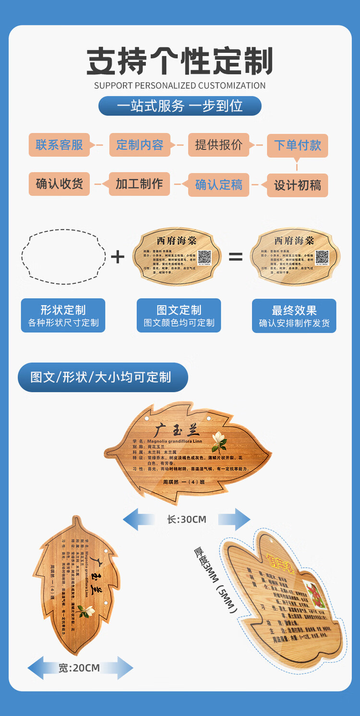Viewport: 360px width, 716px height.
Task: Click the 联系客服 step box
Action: pos(59,145)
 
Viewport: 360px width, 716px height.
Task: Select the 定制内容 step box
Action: pos(140,145)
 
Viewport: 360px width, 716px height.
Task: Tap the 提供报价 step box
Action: pos(218,145)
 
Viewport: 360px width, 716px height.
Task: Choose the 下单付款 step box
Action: pos(297,145)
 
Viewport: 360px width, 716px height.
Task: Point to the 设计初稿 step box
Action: pos(297,185)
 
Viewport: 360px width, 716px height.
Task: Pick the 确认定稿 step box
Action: pos(218,185)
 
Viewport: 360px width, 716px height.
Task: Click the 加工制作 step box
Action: pos(139,184)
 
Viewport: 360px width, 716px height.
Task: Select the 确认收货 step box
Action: pos(59,184)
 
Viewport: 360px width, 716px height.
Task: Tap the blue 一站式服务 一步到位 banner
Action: pos(180,106)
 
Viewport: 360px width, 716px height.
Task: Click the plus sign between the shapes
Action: pos(118,257)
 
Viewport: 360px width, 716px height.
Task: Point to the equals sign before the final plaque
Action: pos(235,257)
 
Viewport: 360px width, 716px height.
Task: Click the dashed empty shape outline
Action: pos(63,256)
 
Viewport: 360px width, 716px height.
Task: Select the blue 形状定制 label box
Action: pos(63,315)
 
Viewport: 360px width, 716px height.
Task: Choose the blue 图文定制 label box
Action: pos(179,315)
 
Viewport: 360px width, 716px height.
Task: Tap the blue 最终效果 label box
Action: pos(294,316)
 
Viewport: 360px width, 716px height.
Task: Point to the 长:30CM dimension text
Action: pos(187,519)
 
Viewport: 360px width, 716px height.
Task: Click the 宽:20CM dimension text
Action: pos(80,668)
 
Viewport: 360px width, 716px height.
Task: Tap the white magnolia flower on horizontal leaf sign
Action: pos(219,441)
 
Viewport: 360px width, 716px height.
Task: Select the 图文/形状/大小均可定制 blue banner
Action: pos(102,377)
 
